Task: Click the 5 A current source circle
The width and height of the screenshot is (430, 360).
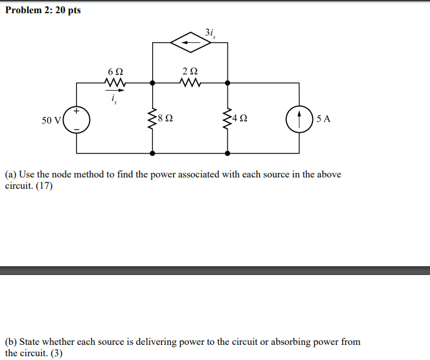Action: [x=299, y=118]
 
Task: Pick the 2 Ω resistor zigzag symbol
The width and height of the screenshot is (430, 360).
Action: [x=190, y=82]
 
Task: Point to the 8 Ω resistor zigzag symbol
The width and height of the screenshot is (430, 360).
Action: [x=152, y=118]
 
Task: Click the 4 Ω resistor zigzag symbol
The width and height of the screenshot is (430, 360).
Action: [x=227, y=118]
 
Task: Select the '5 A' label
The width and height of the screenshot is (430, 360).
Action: [x=324, y=118]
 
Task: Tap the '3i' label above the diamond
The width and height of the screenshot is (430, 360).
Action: [x=210, y=33]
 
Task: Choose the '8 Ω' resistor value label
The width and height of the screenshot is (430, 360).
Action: [x=166, y=118]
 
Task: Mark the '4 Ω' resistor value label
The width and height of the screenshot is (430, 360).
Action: [x=240, y=118]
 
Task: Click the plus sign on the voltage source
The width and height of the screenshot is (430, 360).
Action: [x=77, y=111]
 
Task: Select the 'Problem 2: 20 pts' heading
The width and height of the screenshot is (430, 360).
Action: [x=43, y=11]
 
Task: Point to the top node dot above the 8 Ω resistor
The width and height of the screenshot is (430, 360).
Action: [x=152, y=82]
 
